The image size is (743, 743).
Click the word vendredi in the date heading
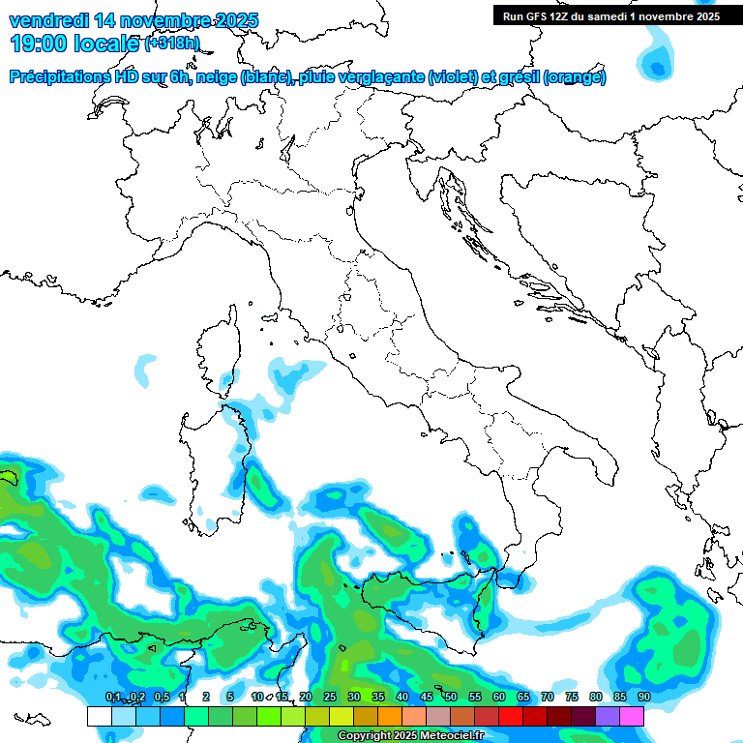(x=48, y=20)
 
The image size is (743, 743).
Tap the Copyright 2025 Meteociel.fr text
(x=410, y=736)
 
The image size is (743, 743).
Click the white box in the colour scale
(x=99, y=717)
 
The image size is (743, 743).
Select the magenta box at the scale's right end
(x=632, y=717)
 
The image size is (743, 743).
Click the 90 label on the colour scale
(x=643, y=698)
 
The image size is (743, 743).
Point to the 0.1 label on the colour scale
(x=112, y=698)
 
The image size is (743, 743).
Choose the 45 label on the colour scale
(x=427, y=698)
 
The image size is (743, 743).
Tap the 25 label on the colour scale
(x=330, y=698)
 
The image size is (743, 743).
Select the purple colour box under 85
(x=608, y=717)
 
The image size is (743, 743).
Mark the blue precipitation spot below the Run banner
(x=660, y=66)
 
